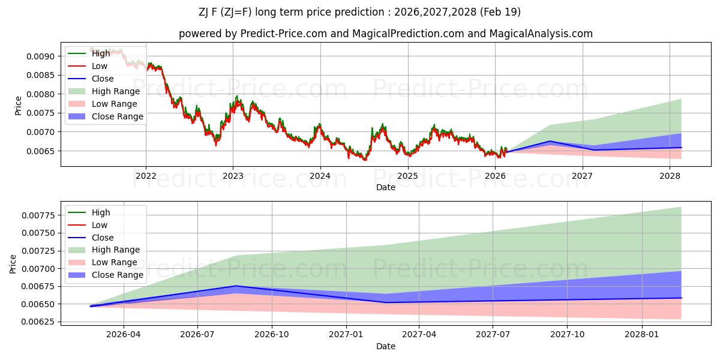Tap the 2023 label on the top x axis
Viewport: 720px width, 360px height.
click(233, 176)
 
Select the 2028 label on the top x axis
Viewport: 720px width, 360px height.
click(670, 176)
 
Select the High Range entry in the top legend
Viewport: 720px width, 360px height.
click(115, 91)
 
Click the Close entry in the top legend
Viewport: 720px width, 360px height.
click(102, 79)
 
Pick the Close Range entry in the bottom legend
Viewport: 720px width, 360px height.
click(117, 275)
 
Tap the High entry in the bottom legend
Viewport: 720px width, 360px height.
click(101, 212)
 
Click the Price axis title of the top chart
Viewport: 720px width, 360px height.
click(18, 106)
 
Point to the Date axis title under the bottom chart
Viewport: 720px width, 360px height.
click(386, 346)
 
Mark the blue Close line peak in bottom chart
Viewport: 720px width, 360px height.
click(236, 286)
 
